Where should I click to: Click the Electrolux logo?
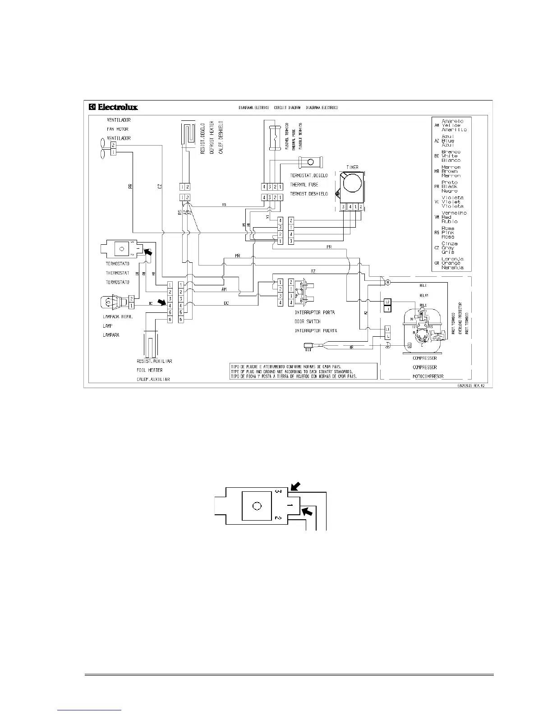click(x=113, y=107)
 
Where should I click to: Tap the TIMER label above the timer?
click(x=352, y=167)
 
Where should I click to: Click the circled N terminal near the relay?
click(x=387, y=282)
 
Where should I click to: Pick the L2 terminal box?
click(x=387, y=302)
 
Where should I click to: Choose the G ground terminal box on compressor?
click(x=409, y=345)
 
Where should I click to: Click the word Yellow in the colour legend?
click(x=451, y=125)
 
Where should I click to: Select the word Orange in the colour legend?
click(x=451, y=263)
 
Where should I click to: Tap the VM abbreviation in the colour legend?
click(x=436, y=217)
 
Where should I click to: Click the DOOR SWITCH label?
click(x=308, y=321)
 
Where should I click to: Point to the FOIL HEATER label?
click(x=149, y=370)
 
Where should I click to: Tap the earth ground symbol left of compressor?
click(x=387, y=345)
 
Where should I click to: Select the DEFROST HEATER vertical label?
click(x=212, y=137)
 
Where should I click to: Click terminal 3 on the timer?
click(x=343, y=206)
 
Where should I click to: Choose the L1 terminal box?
click(x=387, y=330)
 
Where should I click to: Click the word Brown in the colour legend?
click(x=449, y=171)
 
